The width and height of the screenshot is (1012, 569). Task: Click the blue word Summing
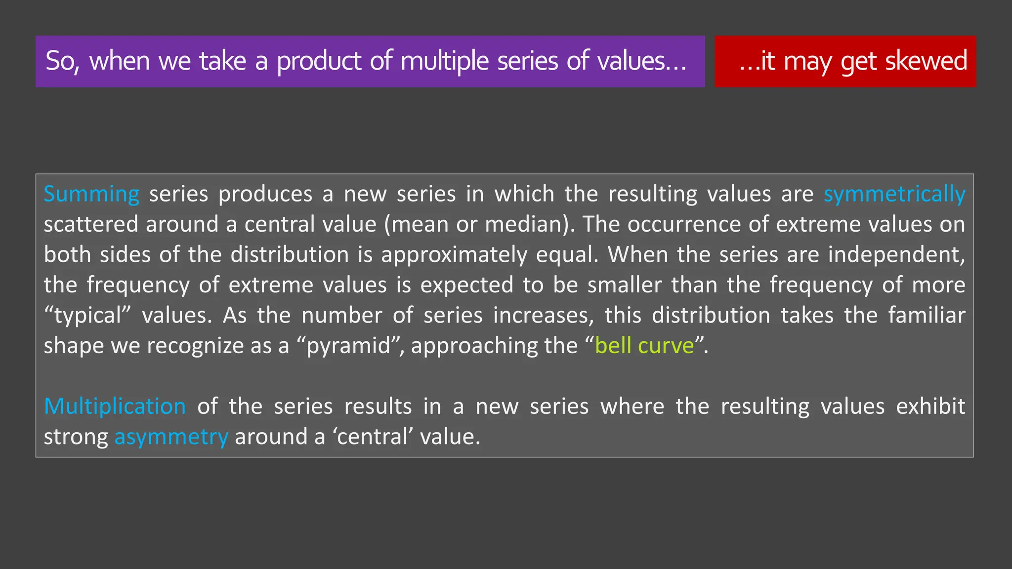[91, 194]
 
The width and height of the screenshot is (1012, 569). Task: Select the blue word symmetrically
[894, 194]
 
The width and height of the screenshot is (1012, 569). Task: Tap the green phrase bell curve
[645, 345]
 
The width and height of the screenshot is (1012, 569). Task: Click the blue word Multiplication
[115, 406]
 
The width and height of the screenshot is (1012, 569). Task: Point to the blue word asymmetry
[171, 437]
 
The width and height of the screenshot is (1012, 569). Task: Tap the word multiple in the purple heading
[444, 62]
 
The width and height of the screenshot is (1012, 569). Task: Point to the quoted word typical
[87, 316]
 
